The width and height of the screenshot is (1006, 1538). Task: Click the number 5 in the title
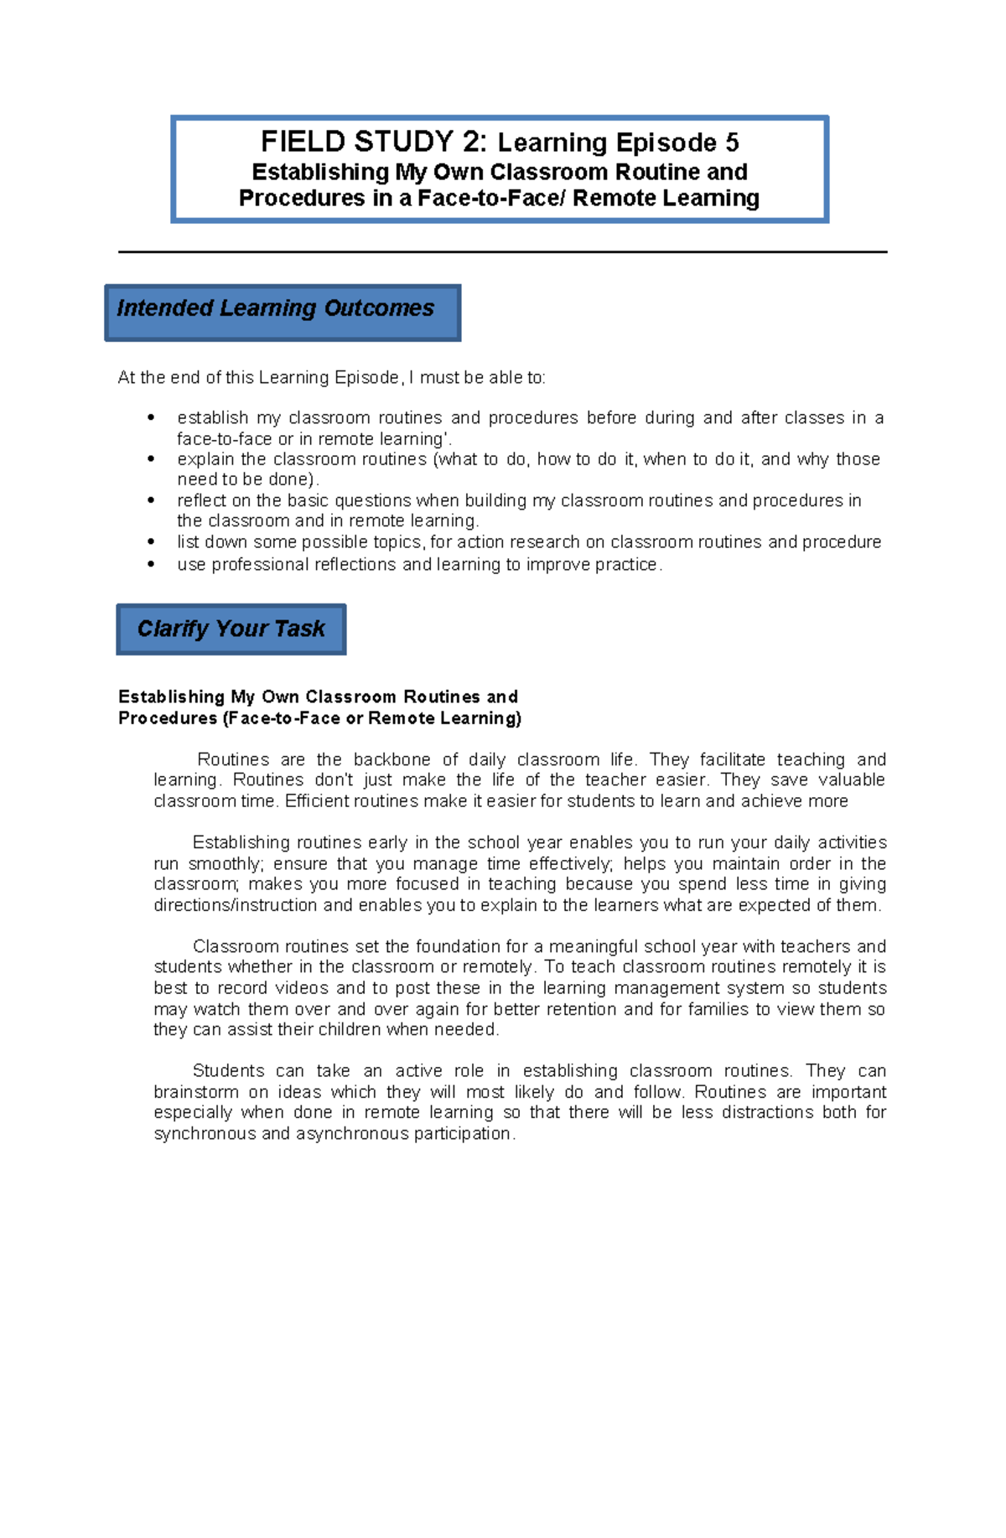coord(732,142)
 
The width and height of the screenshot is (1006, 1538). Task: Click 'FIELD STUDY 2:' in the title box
coord(373,142)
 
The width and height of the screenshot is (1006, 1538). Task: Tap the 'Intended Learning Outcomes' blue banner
coord(283,311)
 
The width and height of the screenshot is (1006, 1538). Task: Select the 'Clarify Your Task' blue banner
coord(231,629)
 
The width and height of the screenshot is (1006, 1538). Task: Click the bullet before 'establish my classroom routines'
coord(151,417)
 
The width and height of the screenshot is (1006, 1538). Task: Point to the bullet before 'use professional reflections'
coord(151,565)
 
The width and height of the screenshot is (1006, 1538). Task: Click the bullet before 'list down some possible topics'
coord(151,542)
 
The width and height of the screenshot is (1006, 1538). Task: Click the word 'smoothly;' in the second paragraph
coord(226,864)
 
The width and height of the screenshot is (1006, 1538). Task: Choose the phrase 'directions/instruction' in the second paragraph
coord(236,906)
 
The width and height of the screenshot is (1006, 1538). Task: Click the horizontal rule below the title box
coord(502,251)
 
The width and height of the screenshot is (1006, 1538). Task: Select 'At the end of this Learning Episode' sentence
coord(331,378)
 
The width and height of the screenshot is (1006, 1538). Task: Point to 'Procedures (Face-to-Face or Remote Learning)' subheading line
coord(319,718)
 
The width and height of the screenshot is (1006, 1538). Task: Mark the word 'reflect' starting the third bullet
coord(199,501)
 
